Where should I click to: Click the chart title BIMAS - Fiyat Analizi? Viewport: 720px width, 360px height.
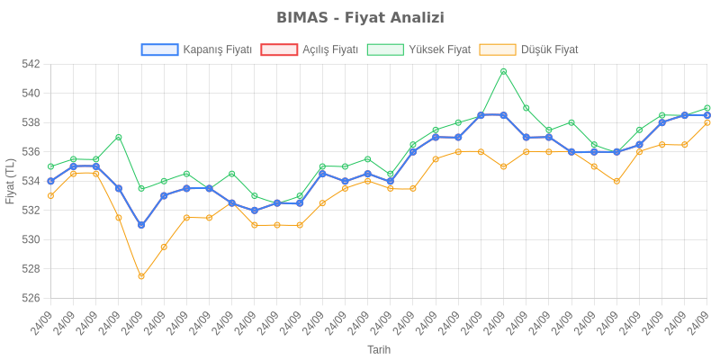360,18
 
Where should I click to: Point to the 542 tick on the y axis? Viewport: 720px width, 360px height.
30,64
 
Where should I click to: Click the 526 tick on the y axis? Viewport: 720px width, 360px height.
30,298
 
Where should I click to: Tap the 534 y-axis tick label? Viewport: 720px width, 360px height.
30,181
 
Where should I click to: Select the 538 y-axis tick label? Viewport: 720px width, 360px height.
30,122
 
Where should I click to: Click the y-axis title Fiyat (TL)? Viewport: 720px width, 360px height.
10,181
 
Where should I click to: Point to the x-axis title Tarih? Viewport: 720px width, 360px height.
379,348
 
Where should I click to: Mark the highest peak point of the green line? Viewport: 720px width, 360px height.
504,71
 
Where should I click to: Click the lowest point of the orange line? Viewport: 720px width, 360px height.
141,276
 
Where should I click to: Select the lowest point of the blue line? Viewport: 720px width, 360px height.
141,225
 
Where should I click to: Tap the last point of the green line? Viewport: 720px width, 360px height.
707,108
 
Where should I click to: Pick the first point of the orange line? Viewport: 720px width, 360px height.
50,195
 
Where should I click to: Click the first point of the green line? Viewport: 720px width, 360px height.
50,166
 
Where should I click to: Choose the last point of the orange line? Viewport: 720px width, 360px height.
707,122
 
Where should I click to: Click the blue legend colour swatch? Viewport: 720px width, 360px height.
159,49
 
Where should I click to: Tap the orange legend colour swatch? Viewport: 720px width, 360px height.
498,49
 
